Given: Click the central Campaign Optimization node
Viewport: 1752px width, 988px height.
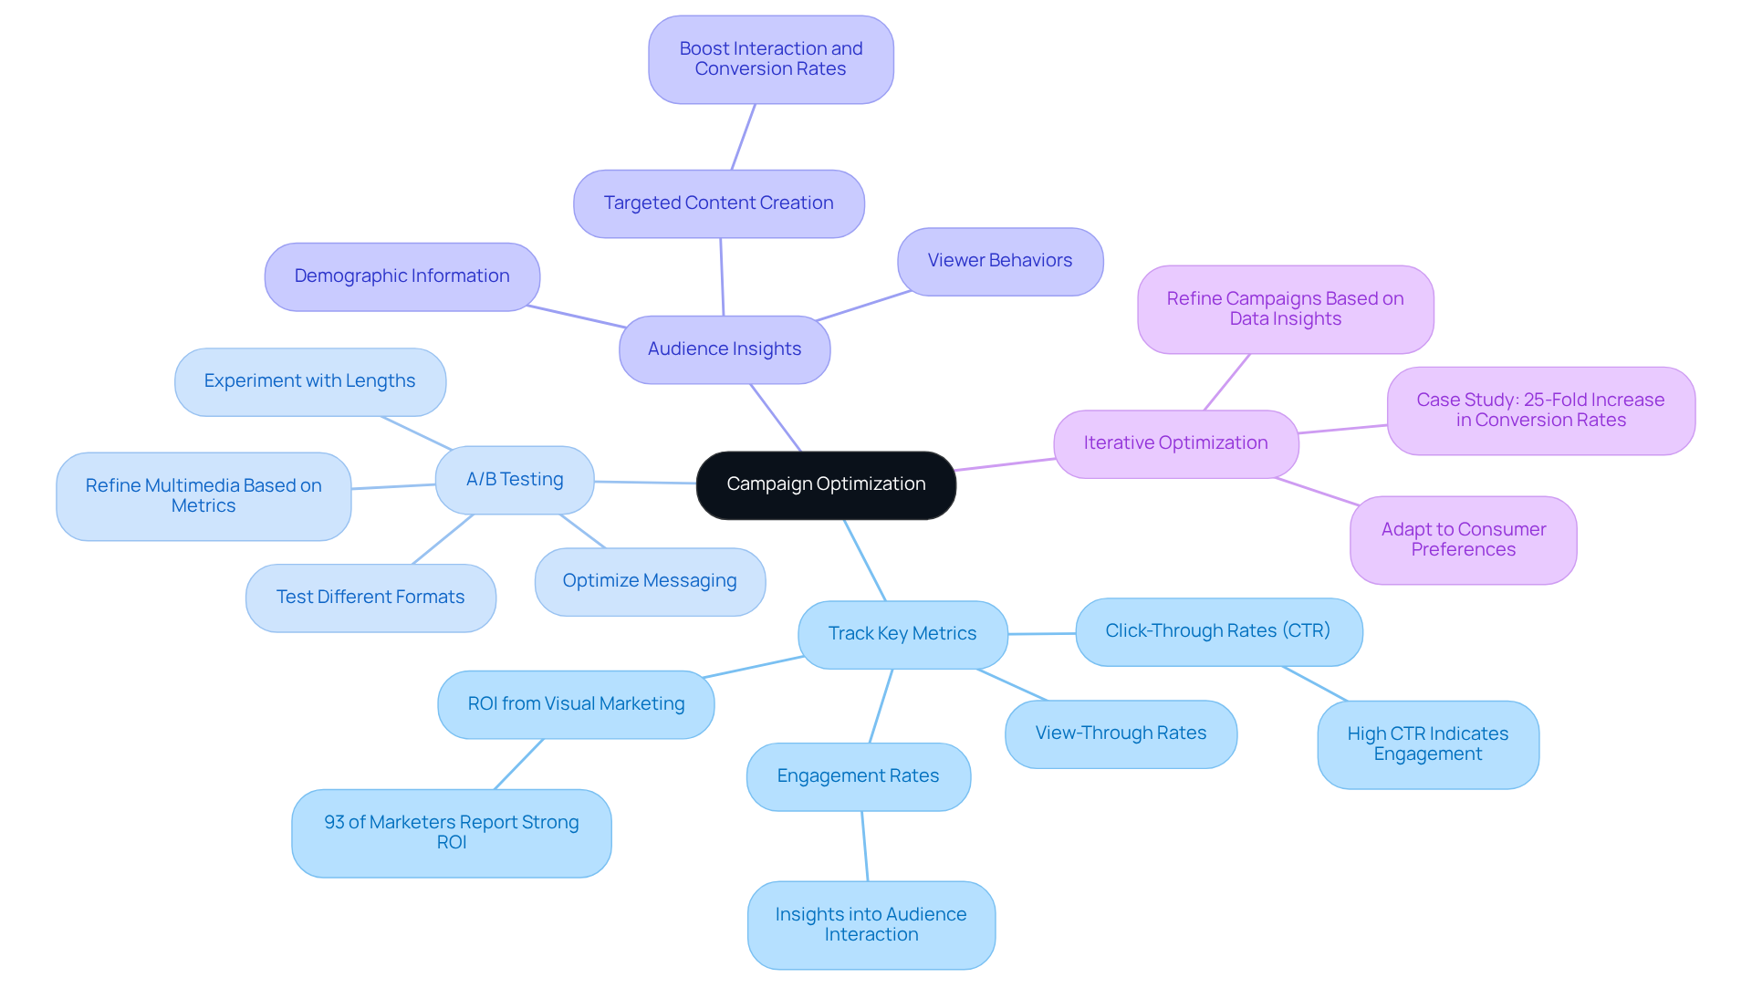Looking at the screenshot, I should tap(826, 484).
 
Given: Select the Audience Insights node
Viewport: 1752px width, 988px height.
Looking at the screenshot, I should tap(725, 349).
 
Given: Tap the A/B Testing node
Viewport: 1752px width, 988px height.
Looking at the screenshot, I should tap(515, 480).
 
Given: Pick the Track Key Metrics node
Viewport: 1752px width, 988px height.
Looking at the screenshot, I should tap(902, 634).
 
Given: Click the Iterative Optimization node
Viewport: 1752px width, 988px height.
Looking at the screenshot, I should tap(1175, 443).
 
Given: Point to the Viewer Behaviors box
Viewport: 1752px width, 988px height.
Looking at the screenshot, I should tap(1000, 261).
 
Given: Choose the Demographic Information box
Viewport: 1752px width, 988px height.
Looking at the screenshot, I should tap(401, 276).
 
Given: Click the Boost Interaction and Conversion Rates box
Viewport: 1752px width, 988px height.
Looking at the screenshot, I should tap(771, 59).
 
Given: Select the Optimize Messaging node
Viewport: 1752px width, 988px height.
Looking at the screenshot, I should tap(650, 581).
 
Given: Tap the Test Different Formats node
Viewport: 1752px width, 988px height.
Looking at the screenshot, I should tap(370, 598).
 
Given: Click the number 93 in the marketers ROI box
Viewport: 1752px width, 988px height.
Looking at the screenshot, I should tap(334, 823).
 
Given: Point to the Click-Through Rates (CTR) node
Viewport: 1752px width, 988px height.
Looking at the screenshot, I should tap(1218, 631).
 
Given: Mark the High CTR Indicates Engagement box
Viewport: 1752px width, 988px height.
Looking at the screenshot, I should tap(1428, 744).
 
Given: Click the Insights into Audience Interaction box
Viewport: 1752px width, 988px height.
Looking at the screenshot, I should tap(871, 924).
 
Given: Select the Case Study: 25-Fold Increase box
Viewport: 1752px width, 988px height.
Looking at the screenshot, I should tap(1540, 411).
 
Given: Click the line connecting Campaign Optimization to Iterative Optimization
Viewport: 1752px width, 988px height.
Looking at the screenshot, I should tap(1005, 464).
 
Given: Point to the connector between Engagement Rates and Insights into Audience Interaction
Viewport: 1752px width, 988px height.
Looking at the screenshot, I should tap(865, 847).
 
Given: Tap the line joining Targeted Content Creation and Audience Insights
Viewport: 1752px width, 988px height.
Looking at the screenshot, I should tap(722, 277).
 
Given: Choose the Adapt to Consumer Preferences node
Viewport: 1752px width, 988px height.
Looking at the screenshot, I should tap(1464, 540).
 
